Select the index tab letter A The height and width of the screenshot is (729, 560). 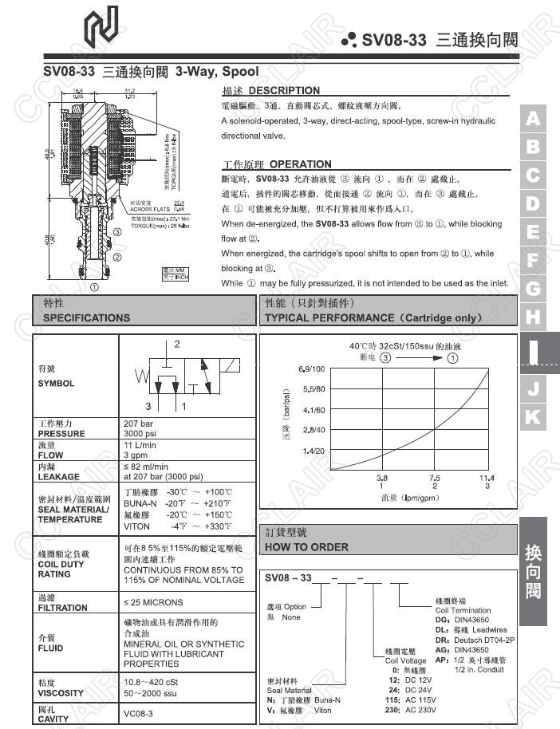pos(533,120)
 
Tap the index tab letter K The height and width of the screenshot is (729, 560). pos(533,416)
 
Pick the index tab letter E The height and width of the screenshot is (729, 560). pos(533,233)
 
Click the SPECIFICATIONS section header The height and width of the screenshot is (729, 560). pos(86,317)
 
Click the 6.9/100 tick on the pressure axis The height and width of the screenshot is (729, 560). pos(311,369)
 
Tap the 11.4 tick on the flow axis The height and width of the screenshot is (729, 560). pos(487,477)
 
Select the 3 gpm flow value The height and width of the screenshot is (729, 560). pos(139,455)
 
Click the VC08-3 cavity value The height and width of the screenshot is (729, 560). pos(139,714)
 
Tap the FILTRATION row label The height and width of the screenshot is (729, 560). pos(62,607)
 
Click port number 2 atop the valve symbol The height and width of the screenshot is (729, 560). pos(177,345)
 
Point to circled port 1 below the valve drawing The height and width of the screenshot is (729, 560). pos(94,286)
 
